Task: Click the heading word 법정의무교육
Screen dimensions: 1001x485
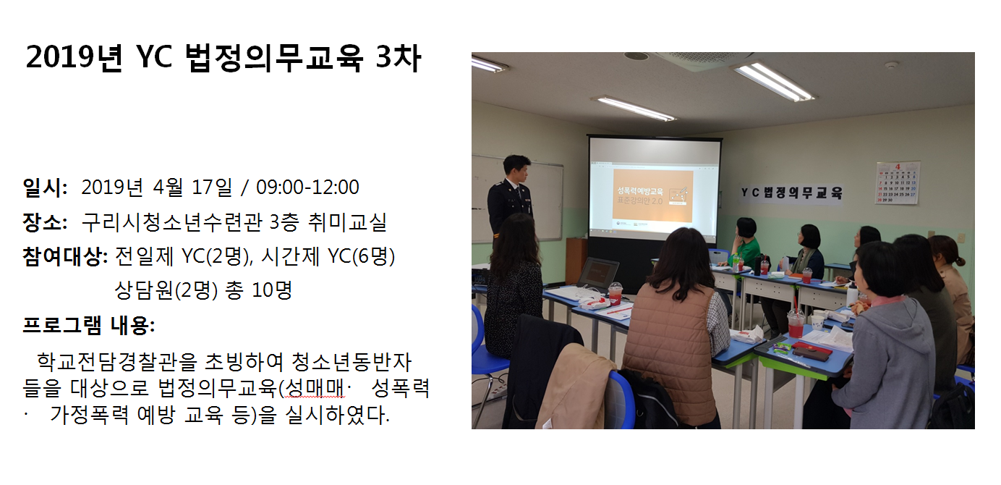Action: [x=273, y=58]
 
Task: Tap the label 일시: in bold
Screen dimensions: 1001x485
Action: [x=45, y=187]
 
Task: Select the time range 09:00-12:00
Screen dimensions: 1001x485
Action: [x=307, y=187]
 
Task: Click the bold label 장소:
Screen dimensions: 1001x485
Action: [x=45, y=222]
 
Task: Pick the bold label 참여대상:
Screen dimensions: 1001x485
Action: [x=65, y=256]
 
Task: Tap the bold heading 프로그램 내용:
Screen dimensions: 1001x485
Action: [x=89, y=325]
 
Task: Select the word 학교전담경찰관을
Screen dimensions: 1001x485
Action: [x=116, y=361]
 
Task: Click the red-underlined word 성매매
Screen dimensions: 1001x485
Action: [x=314, y=388]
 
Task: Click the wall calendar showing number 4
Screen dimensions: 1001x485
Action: [x=898, y=183]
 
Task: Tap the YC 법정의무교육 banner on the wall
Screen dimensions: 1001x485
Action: [x=792, y=193]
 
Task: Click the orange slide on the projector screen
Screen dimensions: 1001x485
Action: [x=653, y=196]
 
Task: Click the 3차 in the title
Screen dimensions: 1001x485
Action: [x=399, y=58]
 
